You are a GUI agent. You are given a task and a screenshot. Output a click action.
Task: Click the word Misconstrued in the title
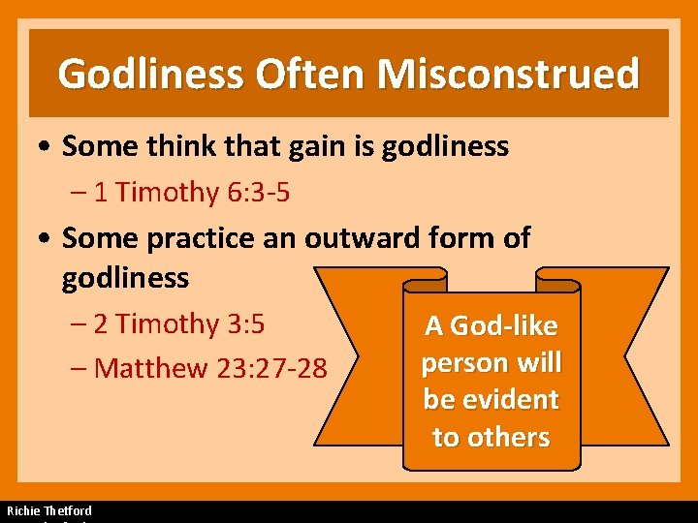(x=509, y=74)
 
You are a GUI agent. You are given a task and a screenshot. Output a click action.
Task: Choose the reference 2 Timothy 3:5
(x=180, y=323)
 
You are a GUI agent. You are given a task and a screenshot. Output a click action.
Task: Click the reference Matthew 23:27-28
(x=211, y=368)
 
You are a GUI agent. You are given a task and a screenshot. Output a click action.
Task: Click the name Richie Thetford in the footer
(x=49, y=510)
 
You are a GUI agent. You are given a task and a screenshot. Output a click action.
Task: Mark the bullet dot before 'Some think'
(x=47, y=147)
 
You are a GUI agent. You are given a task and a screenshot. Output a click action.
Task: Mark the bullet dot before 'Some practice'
(x=47, y=239)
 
